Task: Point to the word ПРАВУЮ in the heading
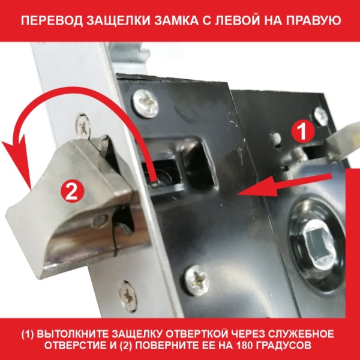coord(321,23)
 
